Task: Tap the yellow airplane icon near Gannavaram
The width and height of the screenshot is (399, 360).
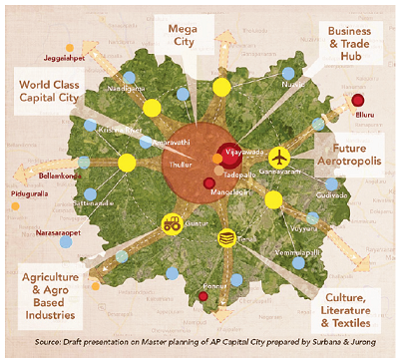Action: point(278,158)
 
